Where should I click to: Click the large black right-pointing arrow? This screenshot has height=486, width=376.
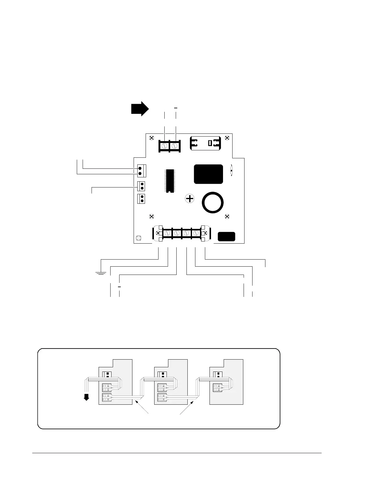(140, 109)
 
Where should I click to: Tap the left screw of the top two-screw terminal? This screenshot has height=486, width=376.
(164, 145)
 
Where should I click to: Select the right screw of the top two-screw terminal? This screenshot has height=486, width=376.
(175, 145)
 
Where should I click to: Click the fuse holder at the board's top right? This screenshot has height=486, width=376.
(205, 143)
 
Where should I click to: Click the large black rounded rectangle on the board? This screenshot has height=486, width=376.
(208, 174)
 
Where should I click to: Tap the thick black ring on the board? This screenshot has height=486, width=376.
(213, 203)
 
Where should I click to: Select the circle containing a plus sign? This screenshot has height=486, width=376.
(190, 199)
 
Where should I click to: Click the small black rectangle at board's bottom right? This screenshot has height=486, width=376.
(226, 237)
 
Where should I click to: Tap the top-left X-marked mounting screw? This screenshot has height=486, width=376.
(151, 138)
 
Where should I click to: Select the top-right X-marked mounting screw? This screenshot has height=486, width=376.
(227, 138)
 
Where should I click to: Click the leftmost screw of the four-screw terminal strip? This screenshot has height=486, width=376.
(167, 233)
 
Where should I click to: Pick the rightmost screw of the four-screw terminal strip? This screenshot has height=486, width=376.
(196, 233)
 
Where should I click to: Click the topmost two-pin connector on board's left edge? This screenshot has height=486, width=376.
(141, 171)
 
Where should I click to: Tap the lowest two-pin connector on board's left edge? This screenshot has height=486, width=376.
(141, 199)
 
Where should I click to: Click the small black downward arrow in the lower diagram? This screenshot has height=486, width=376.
(87, 397)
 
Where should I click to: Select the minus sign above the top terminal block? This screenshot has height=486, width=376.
(176, 108)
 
